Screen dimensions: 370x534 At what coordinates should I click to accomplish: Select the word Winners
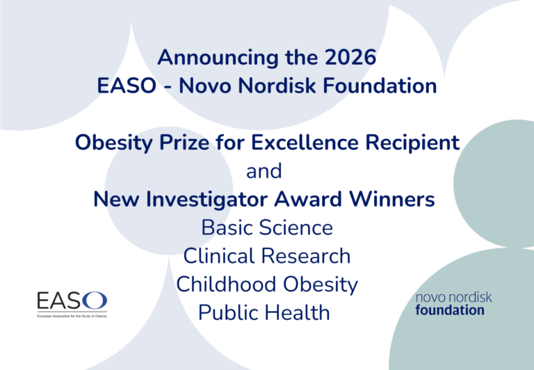pos(394,199)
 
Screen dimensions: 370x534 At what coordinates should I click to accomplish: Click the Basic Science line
pos(267,227)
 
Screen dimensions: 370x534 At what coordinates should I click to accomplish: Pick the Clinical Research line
pos(267,256)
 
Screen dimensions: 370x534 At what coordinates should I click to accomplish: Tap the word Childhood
pos(225,284)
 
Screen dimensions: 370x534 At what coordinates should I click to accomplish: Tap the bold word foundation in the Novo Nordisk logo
pos(450,309)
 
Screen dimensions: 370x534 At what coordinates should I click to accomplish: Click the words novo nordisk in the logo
pos(453,297)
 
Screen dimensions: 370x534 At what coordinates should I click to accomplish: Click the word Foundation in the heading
pos(385,86)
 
